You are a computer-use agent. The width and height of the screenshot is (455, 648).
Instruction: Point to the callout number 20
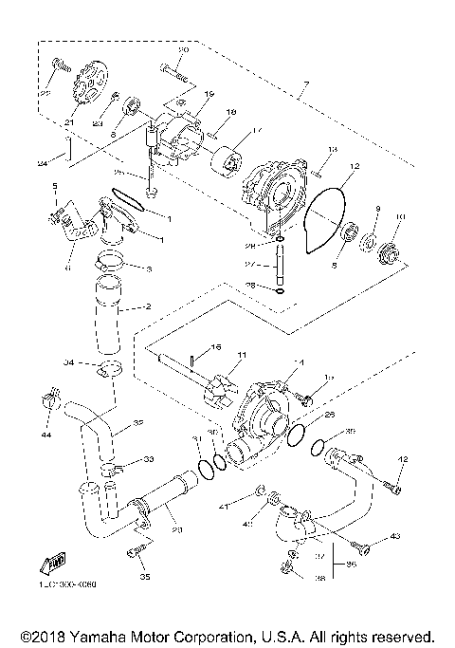point(184,49)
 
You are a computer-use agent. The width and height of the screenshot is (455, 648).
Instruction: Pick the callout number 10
point(399,216)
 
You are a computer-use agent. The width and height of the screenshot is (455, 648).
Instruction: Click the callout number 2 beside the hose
point(148,307)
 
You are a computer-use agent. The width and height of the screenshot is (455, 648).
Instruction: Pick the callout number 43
point(393,538)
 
